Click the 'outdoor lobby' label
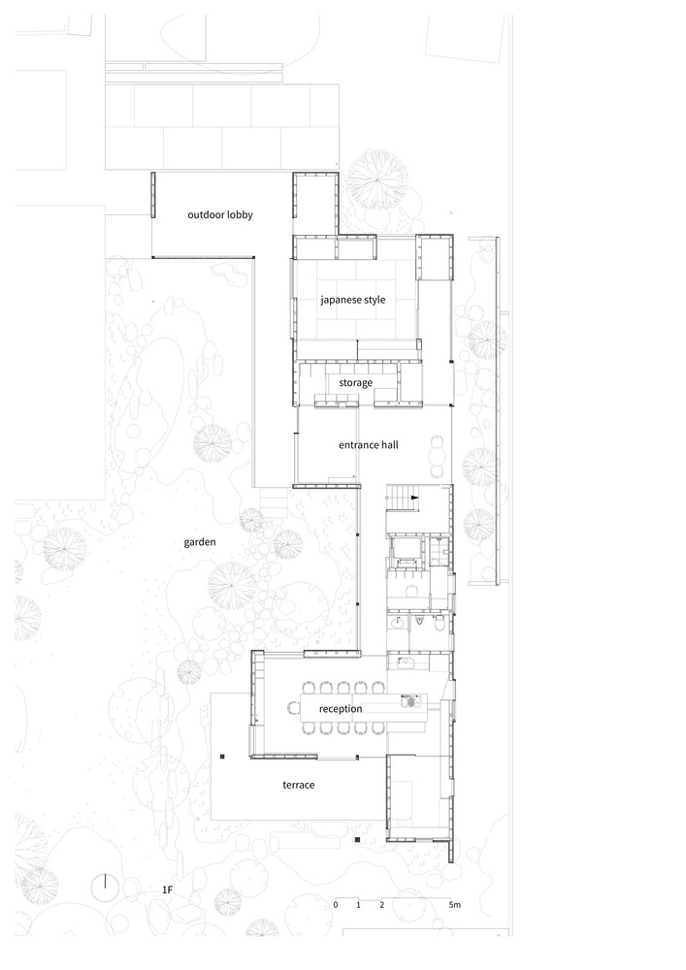click(220, 214)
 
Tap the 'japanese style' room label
click(352, 300)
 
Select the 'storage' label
click(356, 383)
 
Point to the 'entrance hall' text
click(368, 445)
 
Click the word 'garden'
click(200, 542)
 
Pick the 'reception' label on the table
click(341, 709)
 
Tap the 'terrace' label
click(299, 785)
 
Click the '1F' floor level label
click(167, 889)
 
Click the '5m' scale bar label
click(455, 904)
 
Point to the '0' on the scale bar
click(336, 904)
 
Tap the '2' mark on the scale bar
click(381, 904)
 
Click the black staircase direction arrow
click(414, 498)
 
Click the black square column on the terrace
click(223, 756)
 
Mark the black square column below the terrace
click(357, 839)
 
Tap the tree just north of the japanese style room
click(376, 180)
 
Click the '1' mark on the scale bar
click(358, 904)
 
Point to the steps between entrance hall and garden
click(273, 502)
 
